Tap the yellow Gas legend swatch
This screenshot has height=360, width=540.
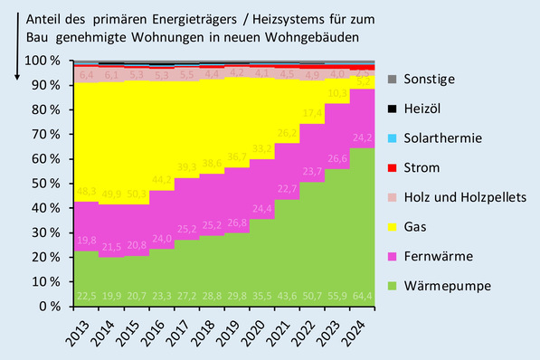393,226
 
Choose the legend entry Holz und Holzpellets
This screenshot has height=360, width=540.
459,197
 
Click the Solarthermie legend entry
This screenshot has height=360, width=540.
441,138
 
